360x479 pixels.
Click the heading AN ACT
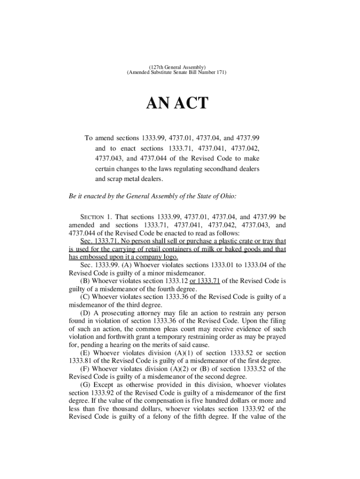[x=177, y=103]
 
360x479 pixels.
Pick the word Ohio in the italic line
[x=227, y=196]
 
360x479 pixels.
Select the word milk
[x=212, y=249]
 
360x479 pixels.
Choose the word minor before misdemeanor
[x=178, y=273]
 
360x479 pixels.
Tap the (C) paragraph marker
[x=86, y=297]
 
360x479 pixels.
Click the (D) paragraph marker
[x=86, y=312]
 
